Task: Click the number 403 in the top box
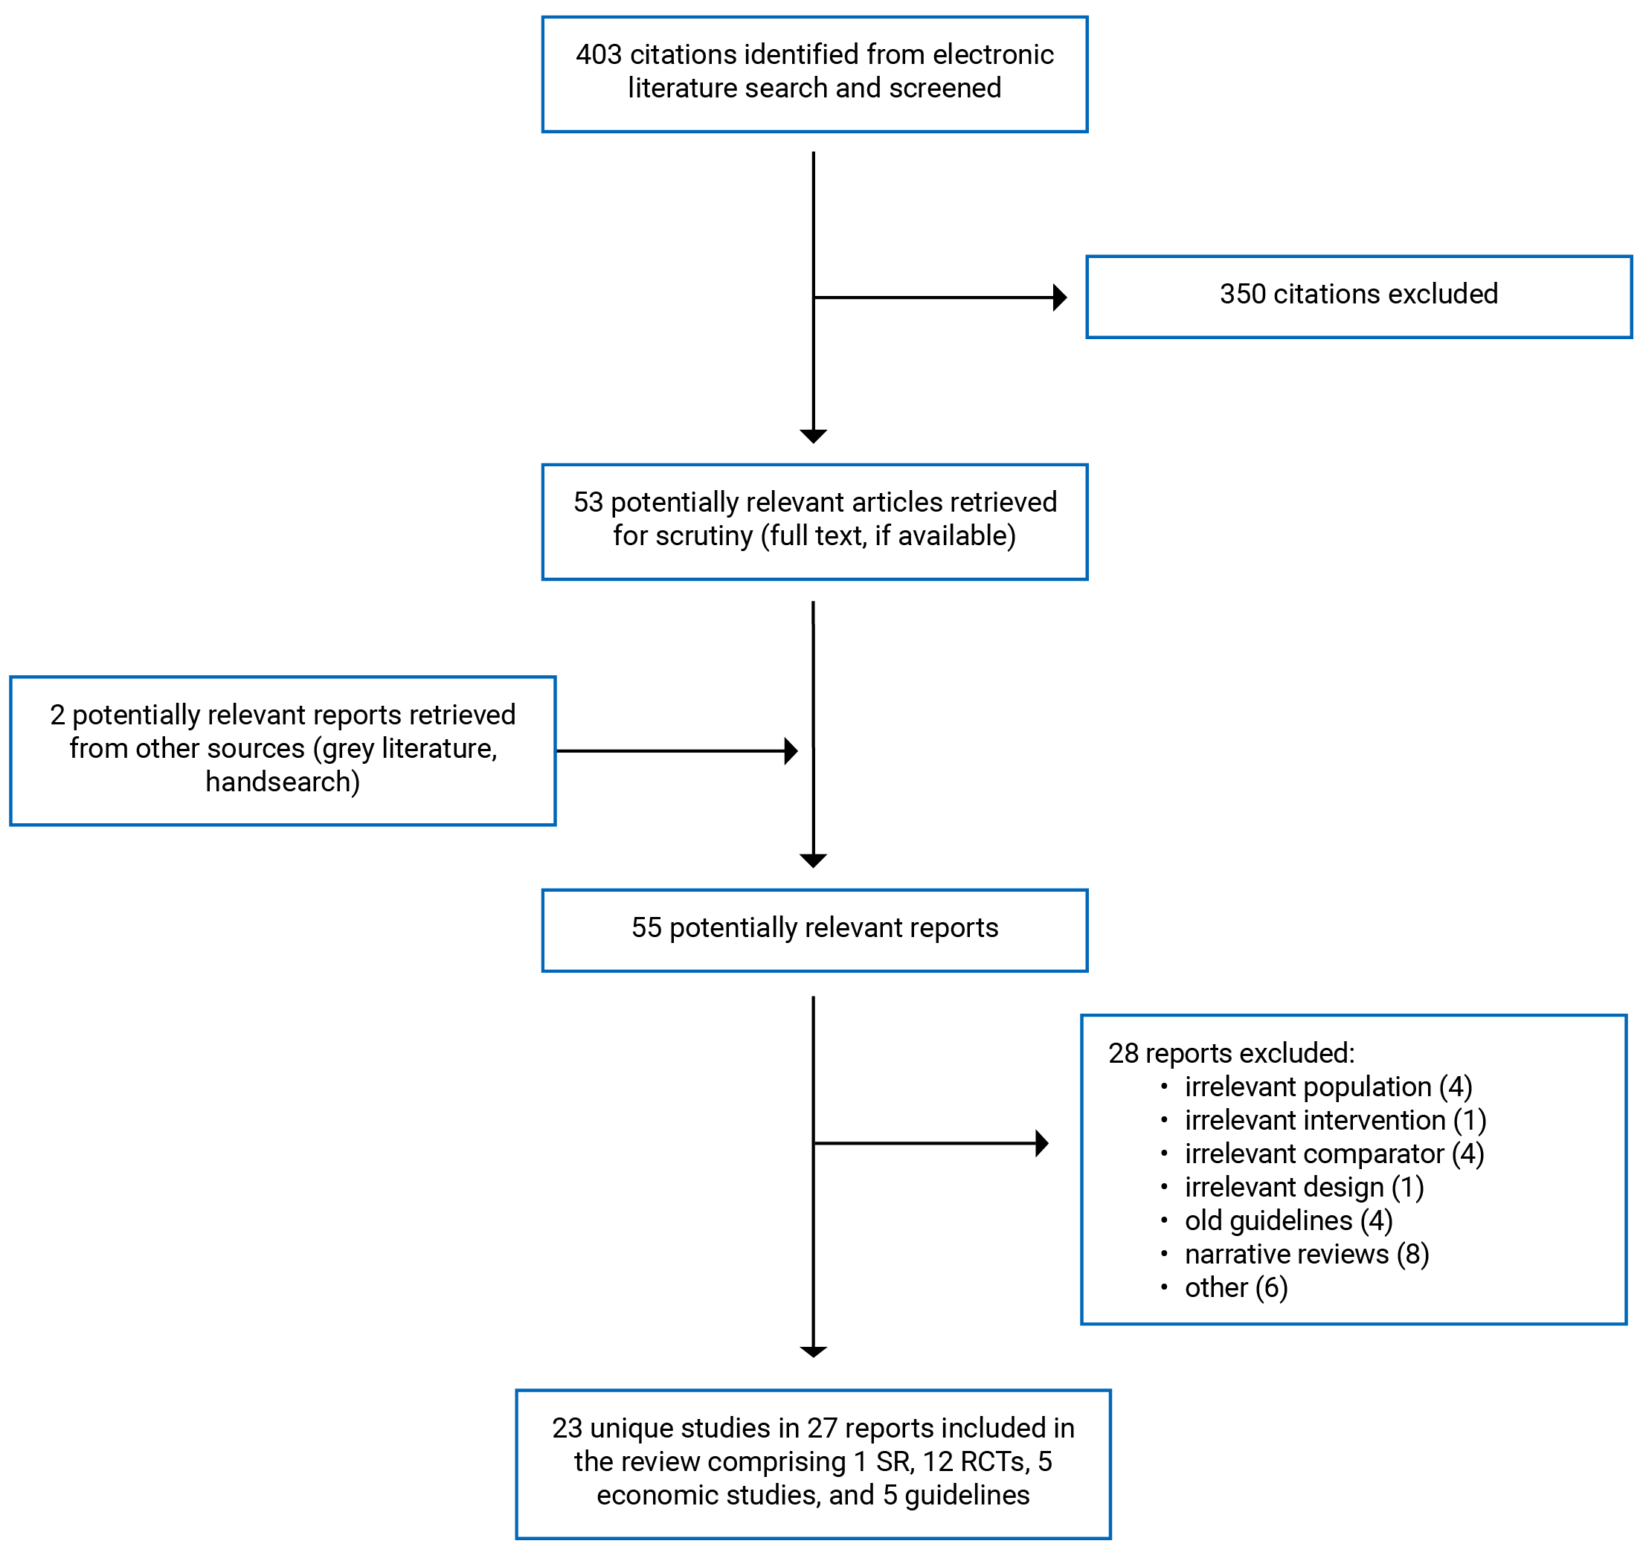[x=599, y=55]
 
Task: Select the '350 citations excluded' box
[x=1358, y=297]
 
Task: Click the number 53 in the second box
[x=588, y=502]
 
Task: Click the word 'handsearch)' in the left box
[x=283, y=782]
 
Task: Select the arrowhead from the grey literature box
[x=791, y=751]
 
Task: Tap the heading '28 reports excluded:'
[x=1230, y=1054]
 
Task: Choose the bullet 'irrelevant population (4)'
[x=1328, y=1087]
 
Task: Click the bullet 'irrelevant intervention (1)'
[x=1334, y=1121]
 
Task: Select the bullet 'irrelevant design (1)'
[x=1304, y=1187]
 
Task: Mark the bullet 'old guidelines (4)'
[x=1288, y=1220]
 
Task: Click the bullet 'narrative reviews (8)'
[x=1306, y=1254]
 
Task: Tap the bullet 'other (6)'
[x=1235, y=1287]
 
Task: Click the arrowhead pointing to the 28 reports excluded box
[x=1041, y=1143]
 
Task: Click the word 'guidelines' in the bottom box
[x=966, y=1495]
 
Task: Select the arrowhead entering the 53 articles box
[x=813, y=436]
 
